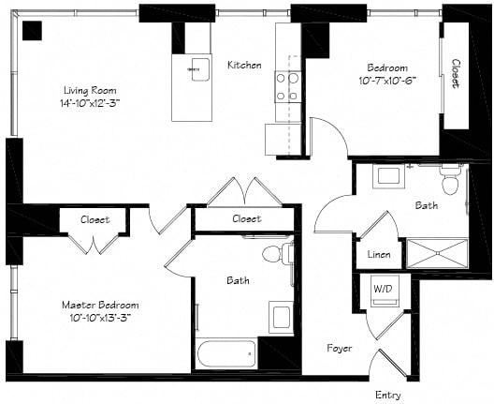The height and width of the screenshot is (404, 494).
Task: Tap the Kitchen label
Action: coord(244,65)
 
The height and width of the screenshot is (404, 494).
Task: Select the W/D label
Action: coord(384,288)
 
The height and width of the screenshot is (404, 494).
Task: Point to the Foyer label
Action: coord(339,348)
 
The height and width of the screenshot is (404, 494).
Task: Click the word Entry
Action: coord(387,395)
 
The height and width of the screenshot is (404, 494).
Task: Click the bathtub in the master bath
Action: coord(225,353)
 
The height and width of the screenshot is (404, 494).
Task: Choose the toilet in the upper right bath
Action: coord(450,181)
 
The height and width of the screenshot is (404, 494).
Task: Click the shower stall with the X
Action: coord(436,254)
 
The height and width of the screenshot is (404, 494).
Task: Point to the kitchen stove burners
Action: coord(286,86)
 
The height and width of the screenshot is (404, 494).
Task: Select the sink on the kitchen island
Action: coord(200,69)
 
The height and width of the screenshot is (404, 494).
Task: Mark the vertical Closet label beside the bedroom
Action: coord(455,75)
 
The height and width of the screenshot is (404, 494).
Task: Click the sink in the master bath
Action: coord(280,316)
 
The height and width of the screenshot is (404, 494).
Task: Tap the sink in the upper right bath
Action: coord(387,176)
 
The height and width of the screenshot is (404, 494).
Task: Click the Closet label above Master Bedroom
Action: coord(94,219)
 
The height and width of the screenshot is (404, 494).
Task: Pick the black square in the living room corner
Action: coord(32,30)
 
